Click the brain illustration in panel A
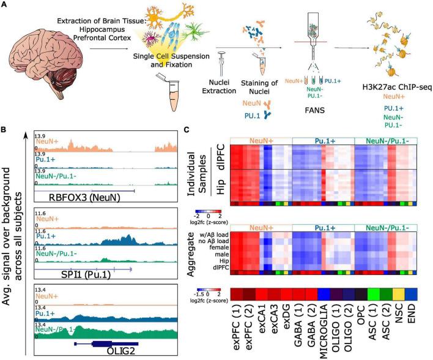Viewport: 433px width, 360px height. click(x=43, y=70)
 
